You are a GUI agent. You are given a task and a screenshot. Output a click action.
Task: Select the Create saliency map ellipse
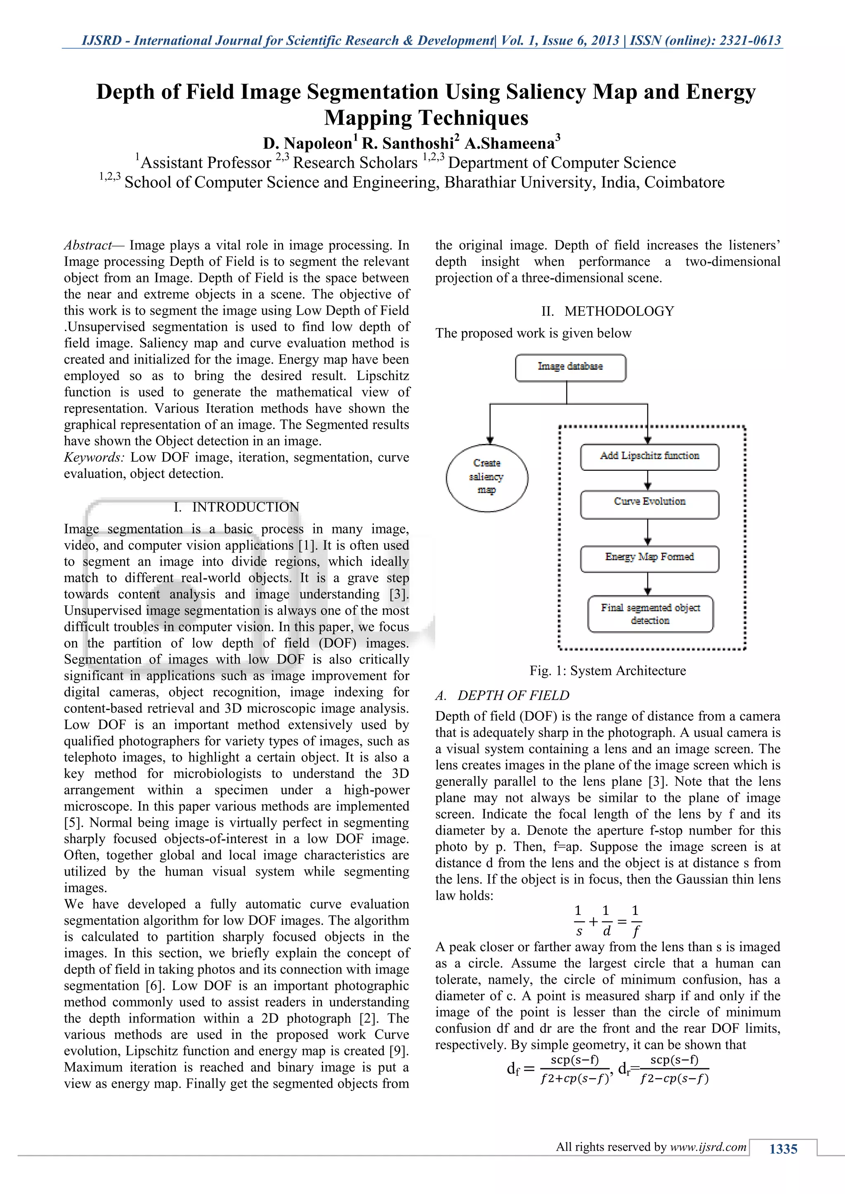click(x=486, y=477)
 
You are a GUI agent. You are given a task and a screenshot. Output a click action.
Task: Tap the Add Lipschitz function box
click(x=649, y=456)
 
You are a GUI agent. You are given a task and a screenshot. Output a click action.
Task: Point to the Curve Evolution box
click(x=649, y=503)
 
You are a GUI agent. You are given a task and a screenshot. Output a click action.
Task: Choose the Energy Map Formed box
click(x=649, y=558)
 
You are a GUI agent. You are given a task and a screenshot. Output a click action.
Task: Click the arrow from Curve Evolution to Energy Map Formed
click(x=648, y=532)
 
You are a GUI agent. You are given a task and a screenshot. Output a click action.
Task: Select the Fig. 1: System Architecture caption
click(x=607, y=671)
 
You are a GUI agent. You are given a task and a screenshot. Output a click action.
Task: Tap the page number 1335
click(x=783, y=1149)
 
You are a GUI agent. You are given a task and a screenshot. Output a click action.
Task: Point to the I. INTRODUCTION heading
click(x=236, y=507)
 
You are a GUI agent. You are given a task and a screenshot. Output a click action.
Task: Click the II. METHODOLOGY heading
click(x=607, y=311)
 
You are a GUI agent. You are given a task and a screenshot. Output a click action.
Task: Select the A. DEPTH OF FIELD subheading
click(x=503, y=695)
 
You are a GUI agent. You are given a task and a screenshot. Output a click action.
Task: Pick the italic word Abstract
click(x=87, y=245)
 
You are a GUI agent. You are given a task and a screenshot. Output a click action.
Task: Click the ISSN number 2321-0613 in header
click(x=750, y=40)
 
